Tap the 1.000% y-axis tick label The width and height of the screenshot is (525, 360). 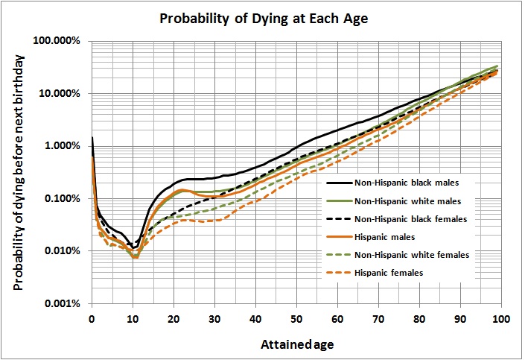[x=64, y=146]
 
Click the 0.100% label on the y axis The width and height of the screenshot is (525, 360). [x=64, y=199]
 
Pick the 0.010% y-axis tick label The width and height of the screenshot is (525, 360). [x=64, y=251]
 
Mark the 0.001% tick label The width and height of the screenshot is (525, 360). [x=64, y=304]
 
